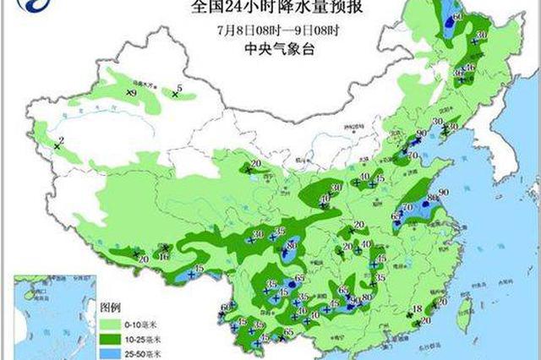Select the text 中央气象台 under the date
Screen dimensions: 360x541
coord(267,50)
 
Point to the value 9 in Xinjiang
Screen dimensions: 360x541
coord(134,90)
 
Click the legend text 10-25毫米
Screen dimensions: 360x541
coord(145,338)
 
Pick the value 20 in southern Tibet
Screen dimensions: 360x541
coord(144,258)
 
